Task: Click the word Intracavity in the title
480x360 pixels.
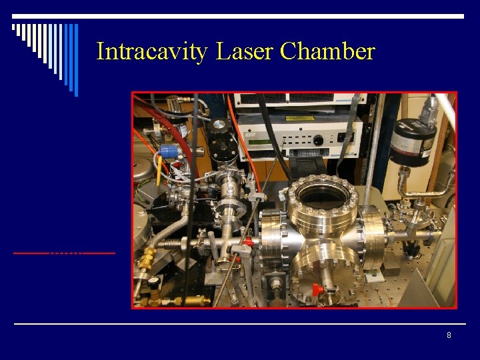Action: tap(152, 51)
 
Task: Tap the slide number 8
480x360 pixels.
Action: tap(449, 335)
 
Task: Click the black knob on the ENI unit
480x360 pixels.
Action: tap(319, 140)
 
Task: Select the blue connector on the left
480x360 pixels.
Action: tap(169, 152)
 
